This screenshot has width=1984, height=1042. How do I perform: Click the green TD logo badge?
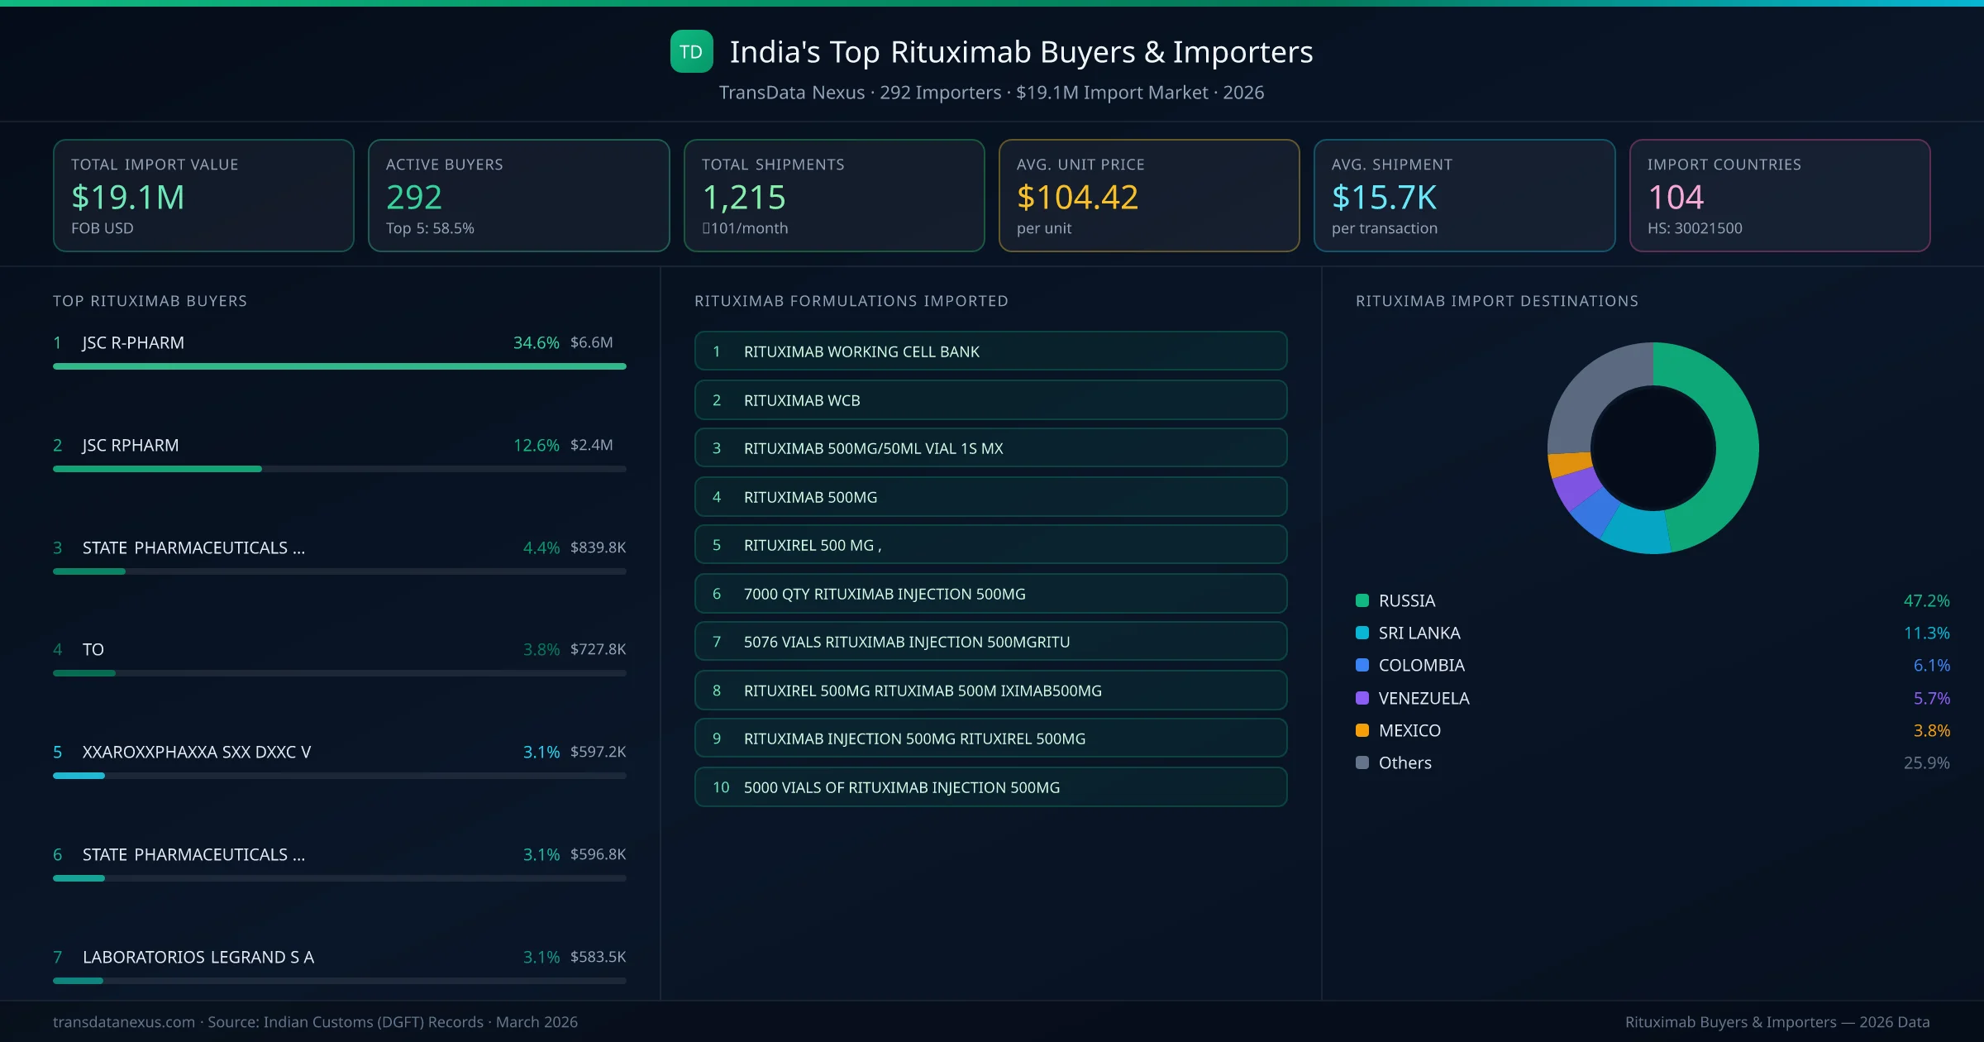tap(691, 51)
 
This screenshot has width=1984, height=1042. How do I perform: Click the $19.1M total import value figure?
tap(128, 197)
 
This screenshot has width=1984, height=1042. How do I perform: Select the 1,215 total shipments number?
tap(743, 197)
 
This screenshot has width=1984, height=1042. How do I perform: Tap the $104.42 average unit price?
tap(1077, 197)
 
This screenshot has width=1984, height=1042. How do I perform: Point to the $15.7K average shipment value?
tap(1384, 197)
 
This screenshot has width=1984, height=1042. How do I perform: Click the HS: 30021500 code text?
tap(1694, 228)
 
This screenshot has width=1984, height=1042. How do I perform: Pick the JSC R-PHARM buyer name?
tap(133, 342)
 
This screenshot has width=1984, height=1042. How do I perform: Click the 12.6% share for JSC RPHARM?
tap(536, 445)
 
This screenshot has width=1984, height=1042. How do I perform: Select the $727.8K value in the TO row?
tap(598, 649)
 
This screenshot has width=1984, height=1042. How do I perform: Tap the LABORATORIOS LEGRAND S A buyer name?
tap(198, 957)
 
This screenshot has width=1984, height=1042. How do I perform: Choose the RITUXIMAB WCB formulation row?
tap(990, 400)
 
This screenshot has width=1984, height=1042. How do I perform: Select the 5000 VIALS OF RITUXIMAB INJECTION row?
tap(990, 787)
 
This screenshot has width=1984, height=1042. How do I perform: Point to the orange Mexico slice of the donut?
tap(1569, 464)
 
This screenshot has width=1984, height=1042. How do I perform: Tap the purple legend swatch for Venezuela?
tap(1362, 698)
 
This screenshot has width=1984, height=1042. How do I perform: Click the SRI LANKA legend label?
tap(1419, 633)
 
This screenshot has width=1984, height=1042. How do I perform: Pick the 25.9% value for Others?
tap(1926, 762)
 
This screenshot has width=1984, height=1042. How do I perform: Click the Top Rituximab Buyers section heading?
tap(150, 301)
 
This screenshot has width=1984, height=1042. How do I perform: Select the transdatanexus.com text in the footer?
tap(124, 1022)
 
